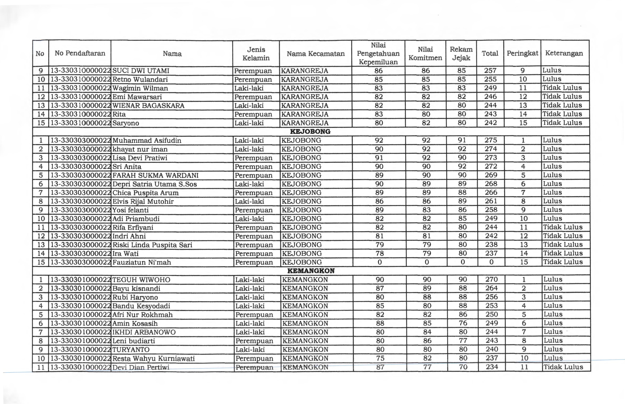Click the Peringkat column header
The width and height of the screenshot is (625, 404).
click(522, 53)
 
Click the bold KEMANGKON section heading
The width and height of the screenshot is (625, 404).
click(311, 271)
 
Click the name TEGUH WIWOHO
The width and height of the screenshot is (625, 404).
click(141, 280)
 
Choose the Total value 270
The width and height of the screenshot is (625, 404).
click(491, 279)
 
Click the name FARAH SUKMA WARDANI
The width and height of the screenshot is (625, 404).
click(155, 175)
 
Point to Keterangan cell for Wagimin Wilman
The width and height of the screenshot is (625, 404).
click(562, 88)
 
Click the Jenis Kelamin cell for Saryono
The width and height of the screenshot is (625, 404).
click(249, 123)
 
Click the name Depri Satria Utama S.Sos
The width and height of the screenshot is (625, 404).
click(154, 184)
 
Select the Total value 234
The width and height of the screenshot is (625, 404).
click(491, 367)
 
